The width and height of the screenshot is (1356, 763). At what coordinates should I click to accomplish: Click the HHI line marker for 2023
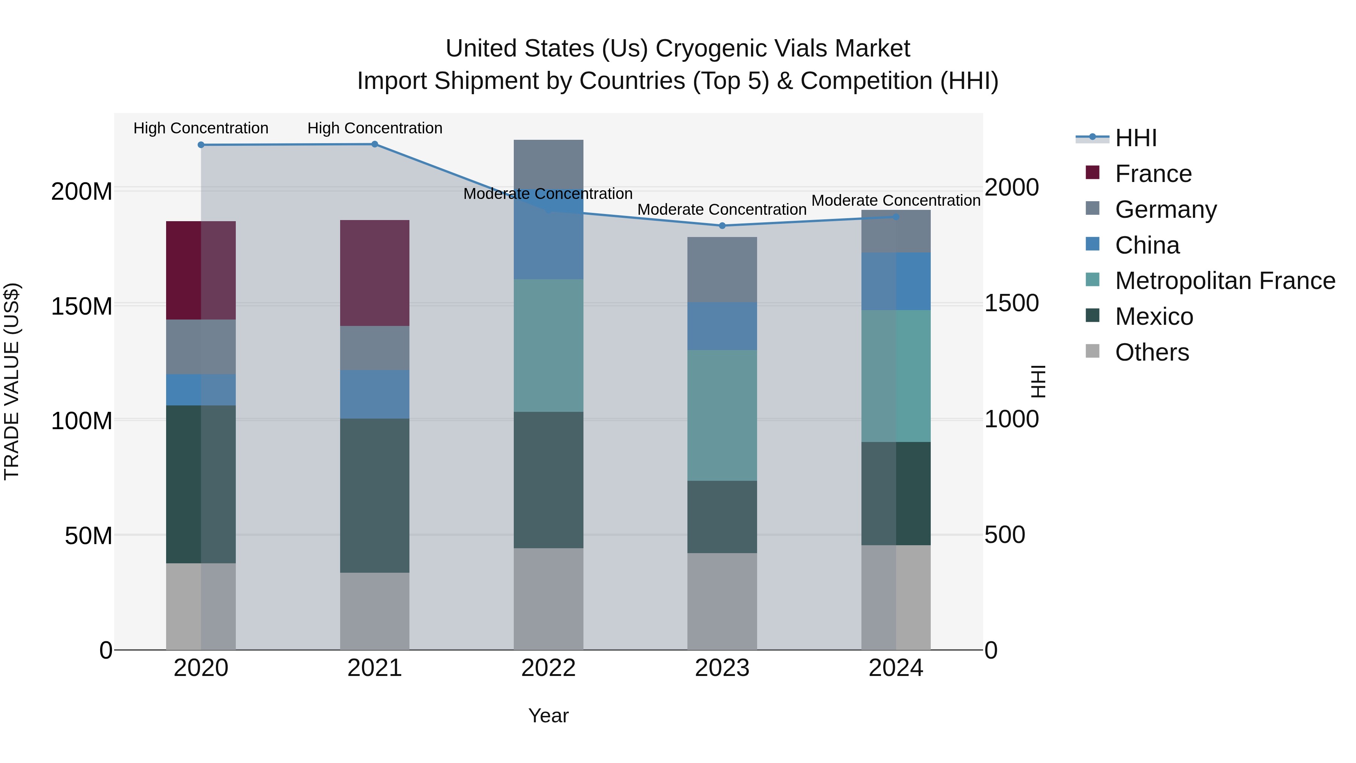click(722, 226)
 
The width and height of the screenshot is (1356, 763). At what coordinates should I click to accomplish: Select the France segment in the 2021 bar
click(375, 273)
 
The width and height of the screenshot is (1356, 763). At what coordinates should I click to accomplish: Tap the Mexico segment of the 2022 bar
click(548, 480)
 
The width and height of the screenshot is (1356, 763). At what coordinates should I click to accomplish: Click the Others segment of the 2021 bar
click(375, 611)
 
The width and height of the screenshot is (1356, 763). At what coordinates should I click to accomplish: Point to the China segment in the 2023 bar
click(722, 326)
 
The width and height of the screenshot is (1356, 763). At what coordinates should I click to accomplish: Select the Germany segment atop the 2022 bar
click(548, 163)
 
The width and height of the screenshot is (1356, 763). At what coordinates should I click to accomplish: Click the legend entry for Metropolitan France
click(1225, 281)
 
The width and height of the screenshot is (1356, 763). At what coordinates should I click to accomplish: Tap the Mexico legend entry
click(1153, 317)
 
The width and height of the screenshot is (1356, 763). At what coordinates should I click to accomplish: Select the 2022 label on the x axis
click(548, 668)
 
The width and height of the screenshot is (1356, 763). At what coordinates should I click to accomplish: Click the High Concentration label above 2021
click(375, 128)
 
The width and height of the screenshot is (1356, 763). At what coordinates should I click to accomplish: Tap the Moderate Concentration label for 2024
click(896, 200)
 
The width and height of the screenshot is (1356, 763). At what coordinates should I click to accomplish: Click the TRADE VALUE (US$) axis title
click(12, 381)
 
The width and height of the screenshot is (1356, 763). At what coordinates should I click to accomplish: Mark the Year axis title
click(548, 716)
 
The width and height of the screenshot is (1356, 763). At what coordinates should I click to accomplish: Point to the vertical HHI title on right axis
click(1038, 381)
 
